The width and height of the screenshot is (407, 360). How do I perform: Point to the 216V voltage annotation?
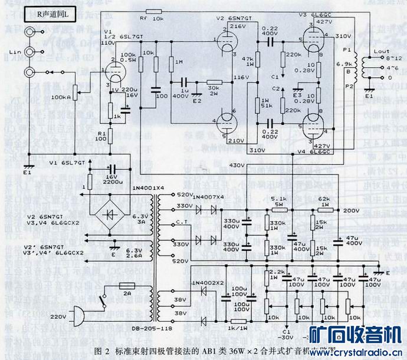(x=238, y=27)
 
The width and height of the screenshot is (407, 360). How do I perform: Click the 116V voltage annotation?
(x=238, y=78)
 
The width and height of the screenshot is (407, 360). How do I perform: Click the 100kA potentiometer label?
(x=62, y=96)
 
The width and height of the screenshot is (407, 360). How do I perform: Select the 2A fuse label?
(x=126, y=291)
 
